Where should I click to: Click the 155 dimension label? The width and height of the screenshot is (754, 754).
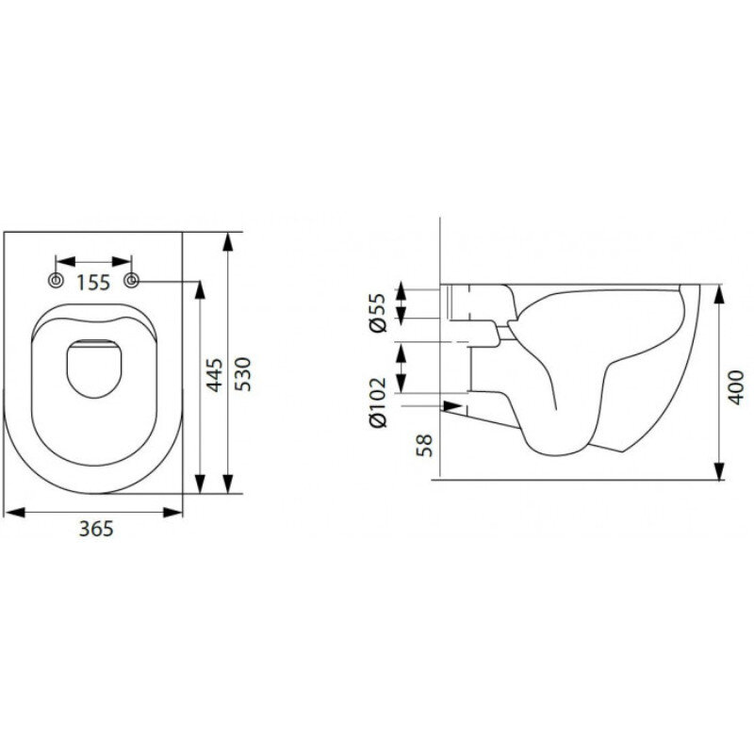[93, 283]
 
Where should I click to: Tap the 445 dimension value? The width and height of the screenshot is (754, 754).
[214, 375]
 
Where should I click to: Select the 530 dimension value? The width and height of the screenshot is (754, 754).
[243, 374]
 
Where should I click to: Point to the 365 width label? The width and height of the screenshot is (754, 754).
[96, 529]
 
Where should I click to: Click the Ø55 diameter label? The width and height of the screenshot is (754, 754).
[378, 313]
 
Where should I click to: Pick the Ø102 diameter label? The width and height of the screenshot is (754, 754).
[378, 402]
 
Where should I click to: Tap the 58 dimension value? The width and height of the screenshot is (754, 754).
[425, 445]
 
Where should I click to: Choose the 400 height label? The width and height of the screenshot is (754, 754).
[736, 387]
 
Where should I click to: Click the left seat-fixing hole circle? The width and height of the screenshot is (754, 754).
[57, 280]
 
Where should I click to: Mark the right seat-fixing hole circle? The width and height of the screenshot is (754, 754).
[131, 280]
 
